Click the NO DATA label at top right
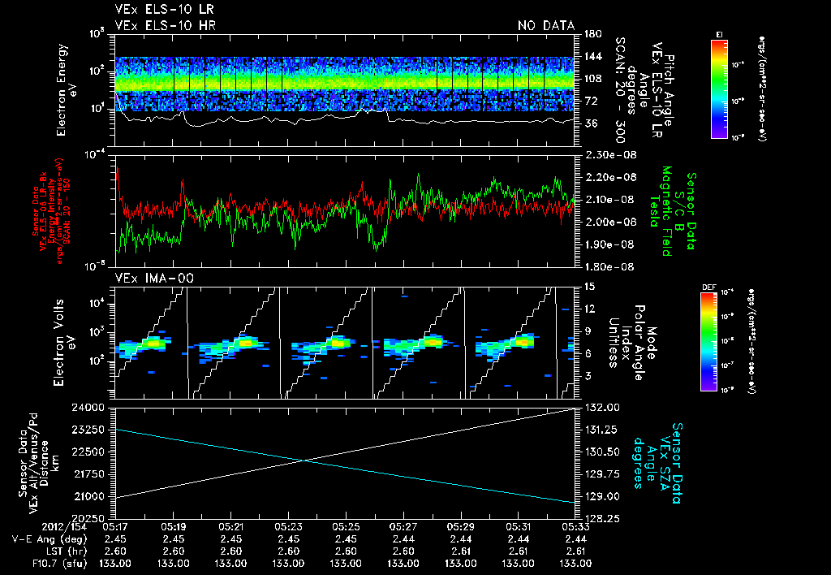point(545,26)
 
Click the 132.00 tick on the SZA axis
point(599,407)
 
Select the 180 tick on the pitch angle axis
point(591,34)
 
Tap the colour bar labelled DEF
point(719,340)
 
